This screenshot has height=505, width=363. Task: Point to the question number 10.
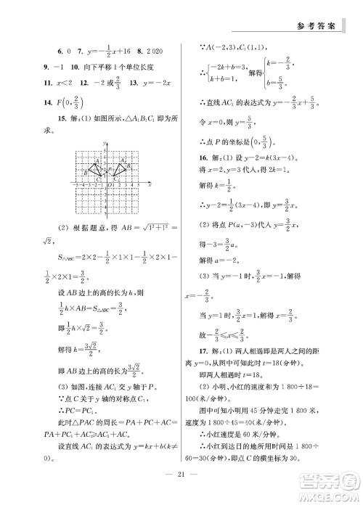point(73,70)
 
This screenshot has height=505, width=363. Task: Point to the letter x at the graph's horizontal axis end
point(149,186)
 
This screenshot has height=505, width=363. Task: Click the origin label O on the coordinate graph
point(108,186)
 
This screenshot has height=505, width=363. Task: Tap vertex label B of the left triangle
point(86,171)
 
